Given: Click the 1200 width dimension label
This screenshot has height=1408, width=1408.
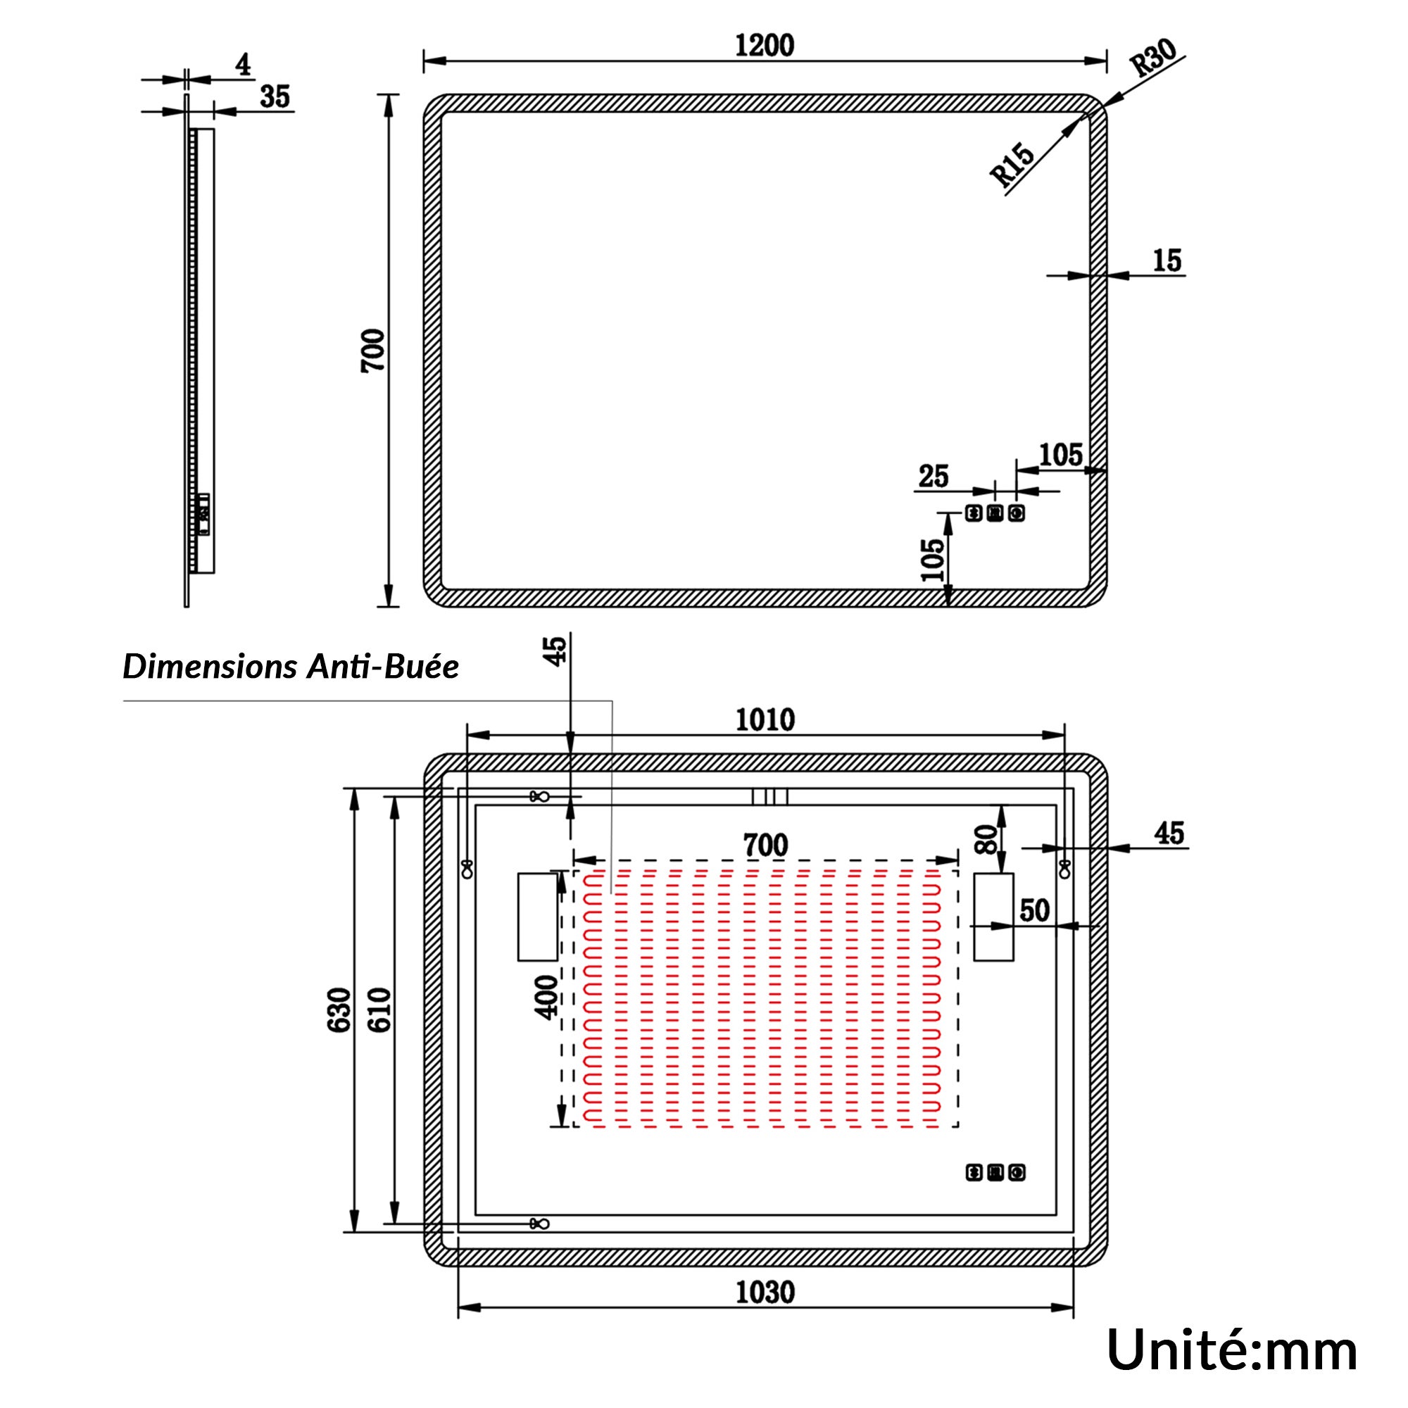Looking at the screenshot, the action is (x=764, y=45).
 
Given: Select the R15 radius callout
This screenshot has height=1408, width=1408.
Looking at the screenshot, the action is (x=1013, y=165).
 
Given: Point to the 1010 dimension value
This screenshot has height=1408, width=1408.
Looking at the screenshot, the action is (x=765, y=719).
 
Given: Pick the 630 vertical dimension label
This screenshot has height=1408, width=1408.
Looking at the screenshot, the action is (x=339, y=1010).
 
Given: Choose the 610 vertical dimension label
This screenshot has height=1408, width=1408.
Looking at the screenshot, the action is (x=379, y=1010).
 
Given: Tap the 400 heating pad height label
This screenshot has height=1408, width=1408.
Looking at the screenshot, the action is (x=546, y=997).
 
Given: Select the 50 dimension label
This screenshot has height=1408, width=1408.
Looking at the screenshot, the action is (x=1035, y=910).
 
